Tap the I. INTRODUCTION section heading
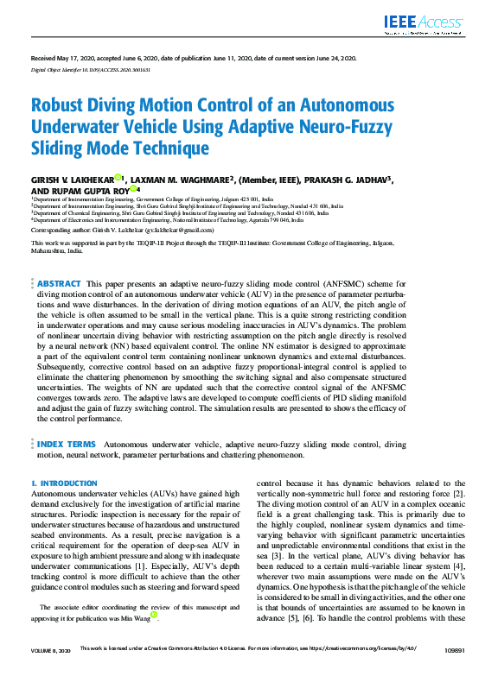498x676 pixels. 58,484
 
